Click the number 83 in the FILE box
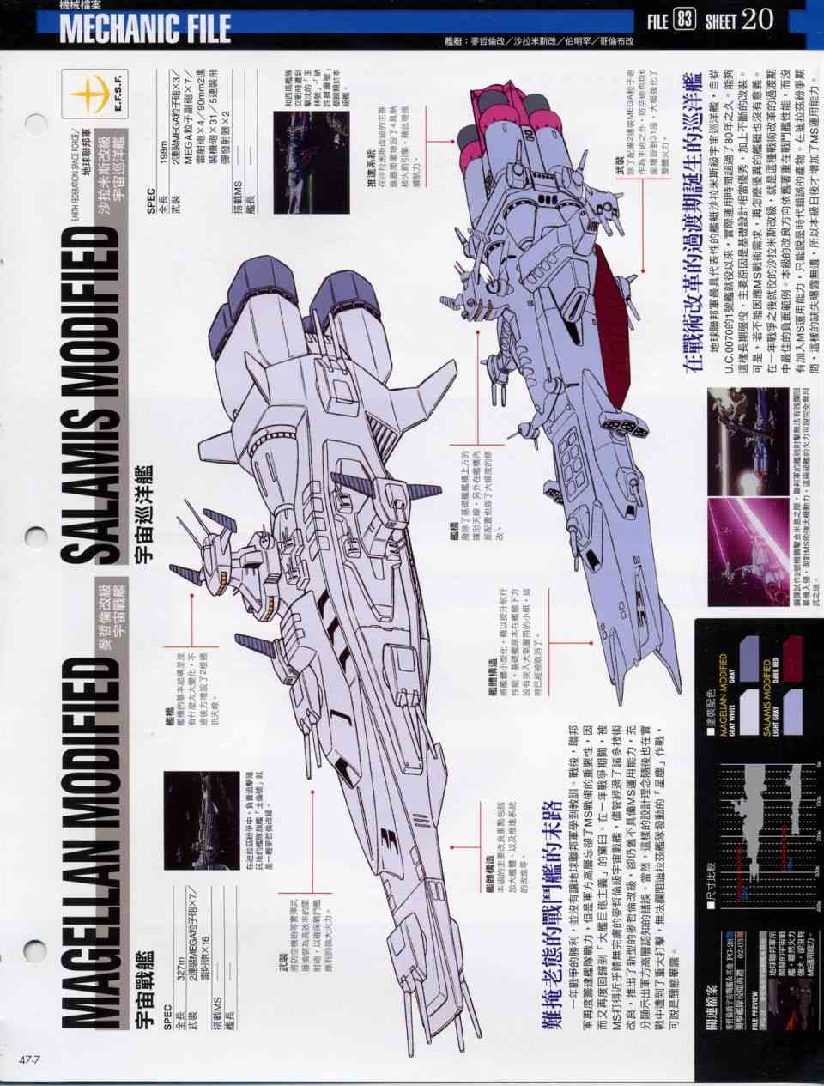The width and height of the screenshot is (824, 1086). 684,19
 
